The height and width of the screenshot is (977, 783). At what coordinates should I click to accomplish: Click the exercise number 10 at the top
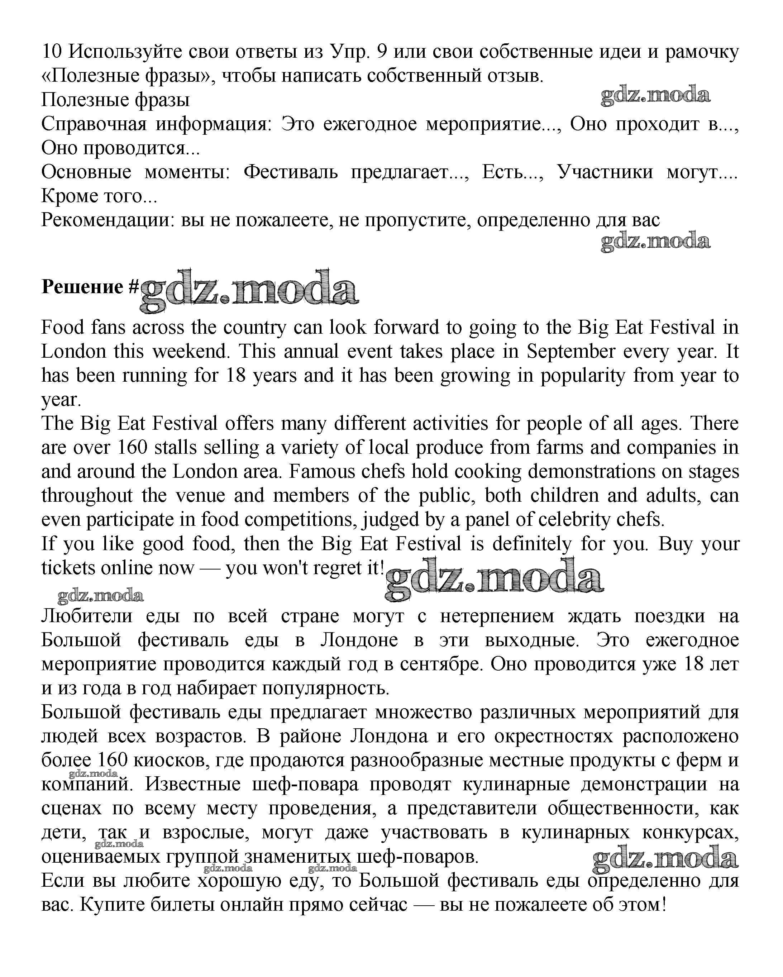point(52,52)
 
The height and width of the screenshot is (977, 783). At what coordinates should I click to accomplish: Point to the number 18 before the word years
point(236,375)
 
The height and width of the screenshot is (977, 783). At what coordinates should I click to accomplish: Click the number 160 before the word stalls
point(133,447)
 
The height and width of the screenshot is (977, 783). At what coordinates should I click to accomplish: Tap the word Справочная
point(94,124)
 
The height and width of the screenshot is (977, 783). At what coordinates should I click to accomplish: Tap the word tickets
point(68,567)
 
